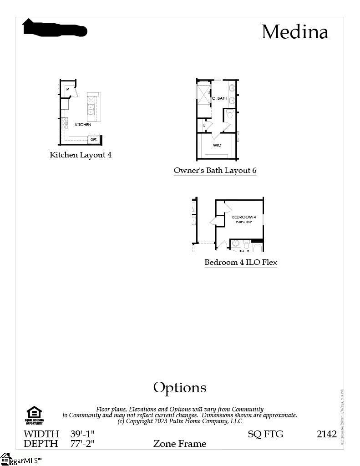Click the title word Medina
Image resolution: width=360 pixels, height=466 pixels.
click(x=294, y=32)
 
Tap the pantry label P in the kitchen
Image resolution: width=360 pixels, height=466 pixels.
click(x=67, y=89)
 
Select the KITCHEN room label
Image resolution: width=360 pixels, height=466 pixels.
click(x=83, y=125)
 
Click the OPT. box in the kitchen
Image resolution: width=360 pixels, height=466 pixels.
click(x=94, y=140)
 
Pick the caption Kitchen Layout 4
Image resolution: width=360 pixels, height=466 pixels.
click(x=81, y=155)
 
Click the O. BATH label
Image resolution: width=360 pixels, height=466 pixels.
click(x=220, y=98)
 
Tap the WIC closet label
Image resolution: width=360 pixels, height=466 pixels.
click(x=217, y=145)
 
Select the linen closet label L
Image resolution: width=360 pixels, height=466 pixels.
click(x=204, y=125)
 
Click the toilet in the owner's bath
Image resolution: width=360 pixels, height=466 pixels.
click(x=230, y=115)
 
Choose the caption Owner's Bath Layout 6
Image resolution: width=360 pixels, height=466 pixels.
click(x=215, y=171)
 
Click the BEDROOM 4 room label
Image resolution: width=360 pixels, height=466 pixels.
click(x=244, y=217)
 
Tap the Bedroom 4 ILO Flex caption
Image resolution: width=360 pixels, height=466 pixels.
click(x=241, y=262)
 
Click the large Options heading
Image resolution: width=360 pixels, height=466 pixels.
click(x=180, y=387)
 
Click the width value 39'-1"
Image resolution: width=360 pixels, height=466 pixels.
click(x=82, y=434)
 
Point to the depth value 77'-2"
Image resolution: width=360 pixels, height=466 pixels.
click(x=82, y=443)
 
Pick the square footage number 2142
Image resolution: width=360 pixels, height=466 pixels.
click(x=326, y=434)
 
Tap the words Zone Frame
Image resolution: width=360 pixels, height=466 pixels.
click(x=180, y=443)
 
